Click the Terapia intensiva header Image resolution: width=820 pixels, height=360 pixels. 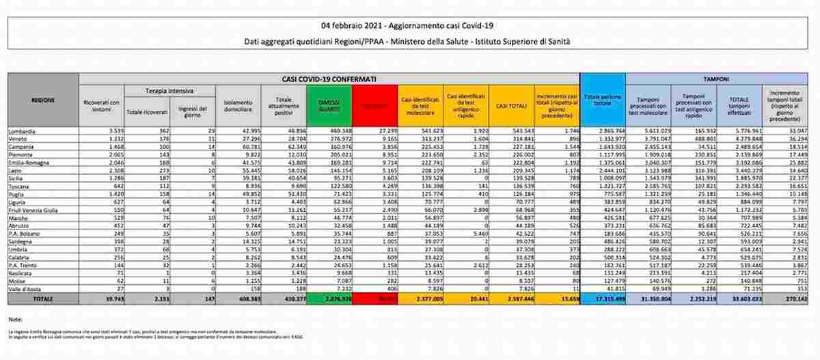(x=168, y=90)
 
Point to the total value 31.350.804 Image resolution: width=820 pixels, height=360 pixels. (x=647, y=298)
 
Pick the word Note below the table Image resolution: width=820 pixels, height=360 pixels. (x=16, y=319)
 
